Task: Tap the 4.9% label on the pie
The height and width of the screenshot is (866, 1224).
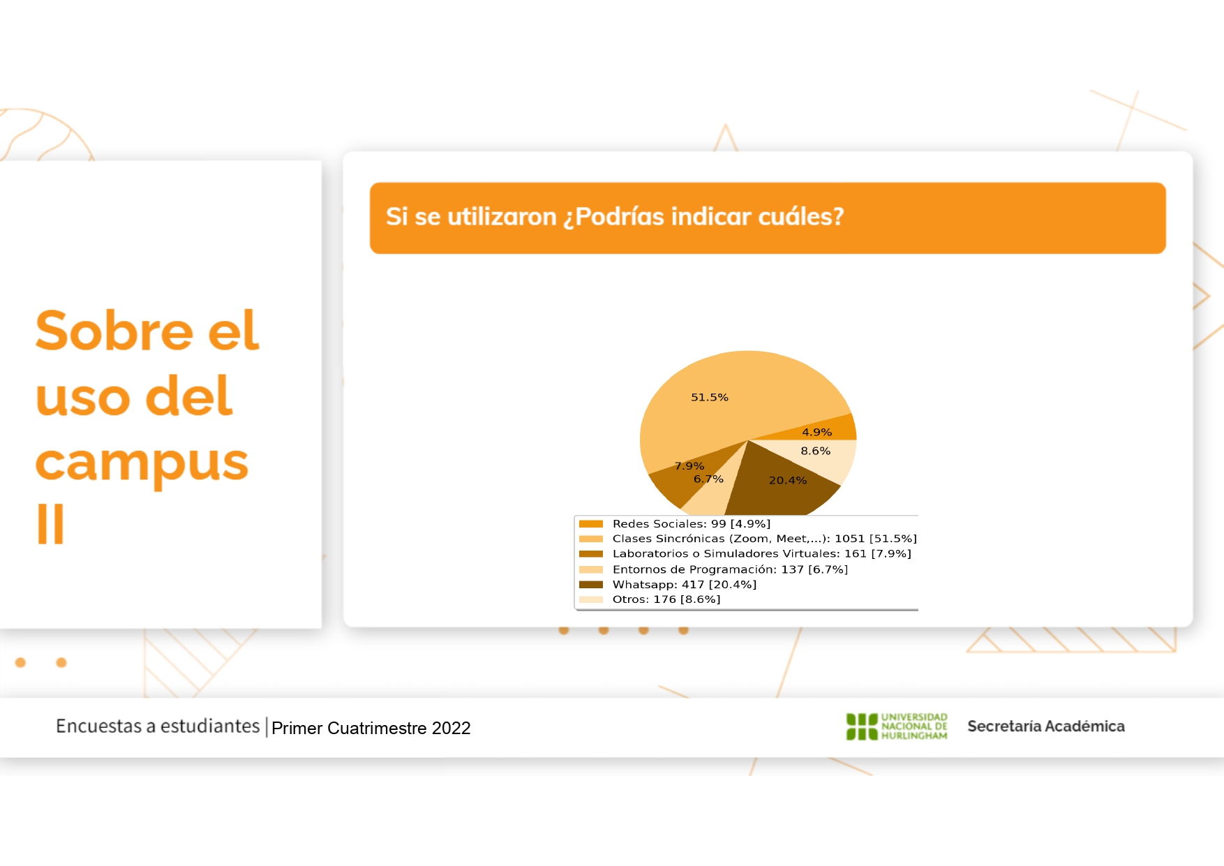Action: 816,433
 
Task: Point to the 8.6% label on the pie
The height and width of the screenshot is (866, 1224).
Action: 815,451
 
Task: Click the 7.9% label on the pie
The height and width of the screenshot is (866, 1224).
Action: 689,466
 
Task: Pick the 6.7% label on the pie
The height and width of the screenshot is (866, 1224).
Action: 708,479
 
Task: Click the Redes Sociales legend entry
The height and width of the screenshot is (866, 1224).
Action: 691,524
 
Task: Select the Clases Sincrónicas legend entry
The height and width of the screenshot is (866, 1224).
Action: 764,539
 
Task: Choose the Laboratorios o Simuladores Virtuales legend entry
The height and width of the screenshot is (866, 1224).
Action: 761,554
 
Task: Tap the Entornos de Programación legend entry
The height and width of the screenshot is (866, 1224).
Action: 730,569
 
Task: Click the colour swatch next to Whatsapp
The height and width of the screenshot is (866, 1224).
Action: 591,585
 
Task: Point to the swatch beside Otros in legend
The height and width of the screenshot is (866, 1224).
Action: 591,599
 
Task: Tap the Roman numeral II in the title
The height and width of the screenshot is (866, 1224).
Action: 50,523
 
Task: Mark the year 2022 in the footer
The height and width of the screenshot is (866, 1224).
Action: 451,729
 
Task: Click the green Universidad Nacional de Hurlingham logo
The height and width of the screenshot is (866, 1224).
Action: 897,726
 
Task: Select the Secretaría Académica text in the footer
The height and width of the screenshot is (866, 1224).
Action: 1046,726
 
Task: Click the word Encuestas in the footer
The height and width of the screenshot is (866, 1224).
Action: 99,726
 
